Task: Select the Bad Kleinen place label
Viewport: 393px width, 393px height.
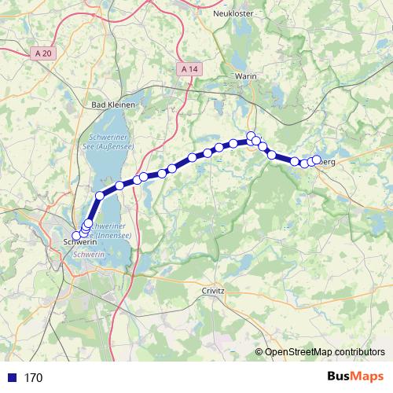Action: pos(115,105)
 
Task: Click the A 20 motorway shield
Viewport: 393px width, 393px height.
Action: pos(46,53)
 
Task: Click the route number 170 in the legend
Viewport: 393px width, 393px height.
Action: pos(33,377)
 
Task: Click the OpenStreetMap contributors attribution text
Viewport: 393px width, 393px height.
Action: pos(325,352)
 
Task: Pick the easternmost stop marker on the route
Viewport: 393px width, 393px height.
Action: pos(317,160)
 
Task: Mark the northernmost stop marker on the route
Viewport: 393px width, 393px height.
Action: pos(251,135)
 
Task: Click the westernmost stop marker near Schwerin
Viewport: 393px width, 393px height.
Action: pos(76,236)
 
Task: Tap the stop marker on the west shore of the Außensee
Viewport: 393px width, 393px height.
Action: pos(100,196)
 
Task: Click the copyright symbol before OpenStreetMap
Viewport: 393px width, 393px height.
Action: pos(260,352)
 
